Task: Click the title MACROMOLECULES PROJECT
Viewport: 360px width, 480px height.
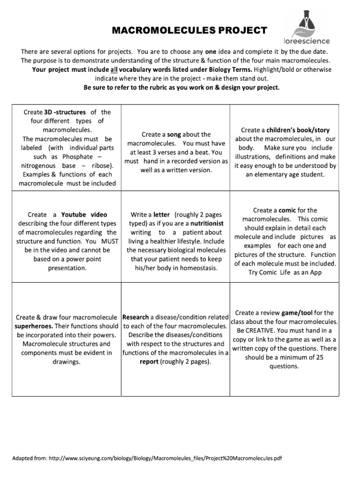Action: point(189,31)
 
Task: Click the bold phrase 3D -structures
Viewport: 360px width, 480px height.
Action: point(65,112)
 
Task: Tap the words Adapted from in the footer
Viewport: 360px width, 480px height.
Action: point(26,458)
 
